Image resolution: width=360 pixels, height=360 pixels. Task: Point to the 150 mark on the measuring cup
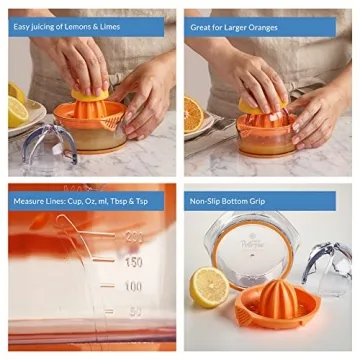(x=132, y=261)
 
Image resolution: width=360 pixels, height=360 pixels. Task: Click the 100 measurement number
(x=132, y=286)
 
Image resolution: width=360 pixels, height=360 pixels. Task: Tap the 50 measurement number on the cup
(x=134, y=312)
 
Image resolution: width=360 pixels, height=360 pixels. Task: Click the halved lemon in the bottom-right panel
(x=209, y=287)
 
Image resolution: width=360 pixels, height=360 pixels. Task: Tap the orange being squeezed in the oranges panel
(x=258, y=104)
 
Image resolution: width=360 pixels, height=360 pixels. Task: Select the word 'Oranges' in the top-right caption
(x=258, y=28)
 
